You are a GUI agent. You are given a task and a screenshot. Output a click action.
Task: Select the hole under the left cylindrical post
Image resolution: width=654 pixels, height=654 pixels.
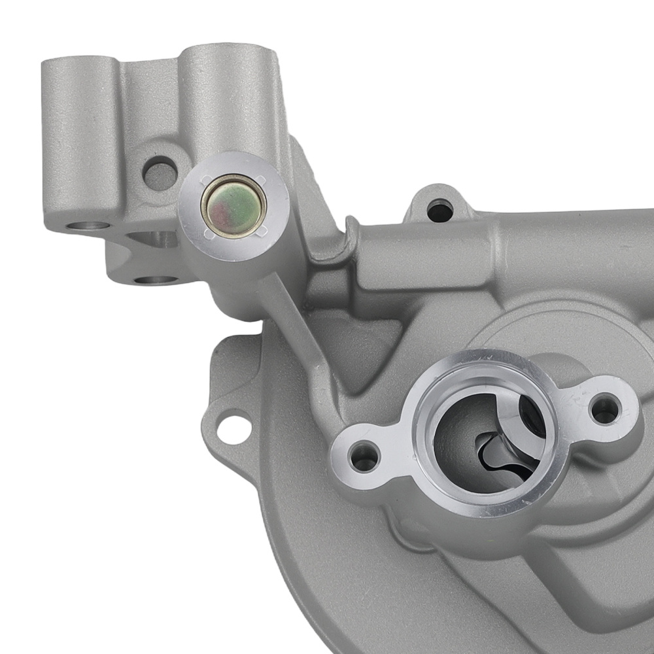point(88,226)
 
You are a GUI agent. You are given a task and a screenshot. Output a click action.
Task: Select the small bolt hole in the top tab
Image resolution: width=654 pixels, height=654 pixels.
point(439,211)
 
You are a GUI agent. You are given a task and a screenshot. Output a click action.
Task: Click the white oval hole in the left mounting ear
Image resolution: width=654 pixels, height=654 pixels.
point(233,428)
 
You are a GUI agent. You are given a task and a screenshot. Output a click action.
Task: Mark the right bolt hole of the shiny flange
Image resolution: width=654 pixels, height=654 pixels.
point(604,409)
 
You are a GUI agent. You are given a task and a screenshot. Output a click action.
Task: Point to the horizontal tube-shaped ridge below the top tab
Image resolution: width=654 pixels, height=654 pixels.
point(425,252)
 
